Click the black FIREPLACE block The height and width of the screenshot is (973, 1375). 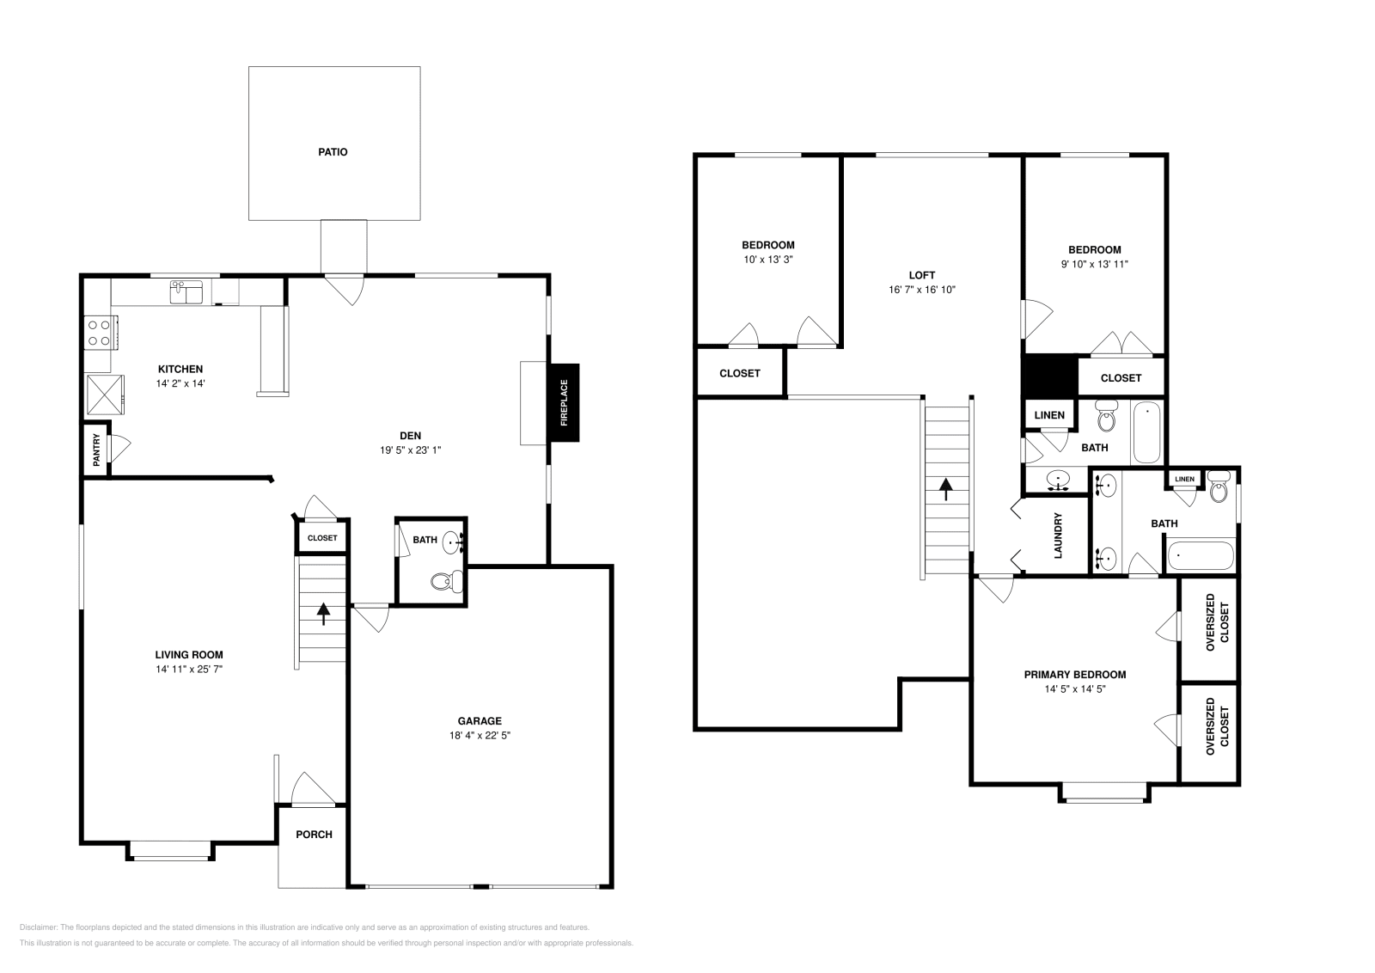click(564, 403)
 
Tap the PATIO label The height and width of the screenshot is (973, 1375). click(333, 152)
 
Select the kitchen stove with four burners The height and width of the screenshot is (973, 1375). click(100, 333)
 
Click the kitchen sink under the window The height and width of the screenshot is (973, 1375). click(186, 292)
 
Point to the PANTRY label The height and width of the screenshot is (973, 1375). click(96, 450)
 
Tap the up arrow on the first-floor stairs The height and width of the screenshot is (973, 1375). click(323, 613)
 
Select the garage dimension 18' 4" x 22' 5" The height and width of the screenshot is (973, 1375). click(480, 735)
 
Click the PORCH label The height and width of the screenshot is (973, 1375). click(314, 835)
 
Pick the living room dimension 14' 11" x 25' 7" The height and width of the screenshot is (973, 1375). click(189, 669)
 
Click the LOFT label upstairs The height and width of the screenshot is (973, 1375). click(921, 275)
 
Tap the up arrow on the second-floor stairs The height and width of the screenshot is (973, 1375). click(946, 489)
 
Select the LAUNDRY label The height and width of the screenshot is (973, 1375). click(1058, 535)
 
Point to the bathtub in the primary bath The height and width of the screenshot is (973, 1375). click(1200, 555)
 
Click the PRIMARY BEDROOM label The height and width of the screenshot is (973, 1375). click(1074, 675)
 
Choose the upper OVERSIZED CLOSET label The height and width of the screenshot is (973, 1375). click(1217, 622)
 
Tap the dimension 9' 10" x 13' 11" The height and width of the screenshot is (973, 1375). click(1093, 264)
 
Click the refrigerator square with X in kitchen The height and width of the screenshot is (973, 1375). click(104, 395)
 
